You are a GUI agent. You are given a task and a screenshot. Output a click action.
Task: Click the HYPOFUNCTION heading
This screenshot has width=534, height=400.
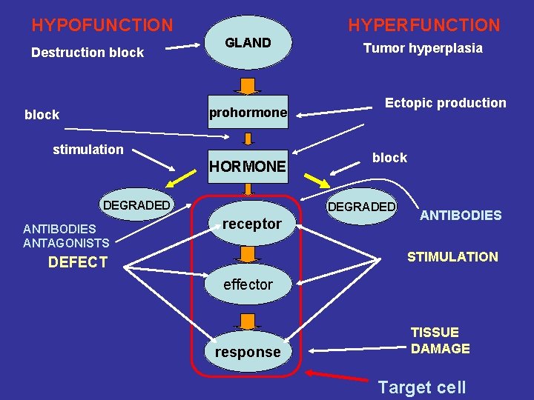102,25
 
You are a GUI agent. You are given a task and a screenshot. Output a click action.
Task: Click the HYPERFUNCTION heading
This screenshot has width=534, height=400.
424,25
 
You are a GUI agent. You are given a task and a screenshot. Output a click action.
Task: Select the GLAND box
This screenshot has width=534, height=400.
248,43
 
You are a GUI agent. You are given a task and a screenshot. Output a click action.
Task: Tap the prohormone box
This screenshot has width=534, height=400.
248,113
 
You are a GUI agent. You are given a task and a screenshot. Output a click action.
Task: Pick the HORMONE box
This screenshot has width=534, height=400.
248,167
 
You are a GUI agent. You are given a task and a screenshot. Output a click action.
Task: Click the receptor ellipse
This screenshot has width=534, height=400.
251,224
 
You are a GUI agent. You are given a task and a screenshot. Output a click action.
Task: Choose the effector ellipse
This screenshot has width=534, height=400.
248,284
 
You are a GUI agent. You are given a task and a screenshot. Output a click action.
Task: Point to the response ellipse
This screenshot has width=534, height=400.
248,352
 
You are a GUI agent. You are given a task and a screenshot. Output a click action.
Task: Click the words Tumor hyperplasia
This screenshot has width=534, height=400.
423,48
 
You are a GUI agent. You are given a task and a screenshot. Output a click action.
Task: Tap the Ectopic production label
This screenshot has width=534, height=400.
445,103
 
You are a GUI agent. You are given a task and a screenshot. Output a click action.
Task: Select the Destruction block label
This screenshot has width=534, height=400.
88,53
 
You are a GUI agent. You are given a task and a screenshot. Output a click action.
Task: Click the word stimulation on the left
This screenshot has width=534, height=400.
88,150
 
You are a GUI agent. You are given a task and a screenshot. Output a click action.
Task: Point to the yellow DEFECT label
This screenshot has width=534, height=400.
78,262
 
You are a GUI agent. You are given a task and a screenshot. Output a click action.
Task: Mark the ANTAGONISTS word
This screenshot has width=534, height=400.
66,243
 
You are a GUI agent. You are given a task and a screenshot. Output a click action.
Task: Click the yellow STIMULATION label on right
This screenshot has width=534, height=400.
452,257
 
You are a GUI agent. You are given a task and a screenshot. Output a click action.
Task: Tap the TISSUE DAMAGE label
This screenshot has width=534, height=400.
440,341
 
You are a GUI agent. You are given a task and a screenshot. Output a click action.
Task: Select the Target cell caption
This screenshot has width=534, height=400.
421,387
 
